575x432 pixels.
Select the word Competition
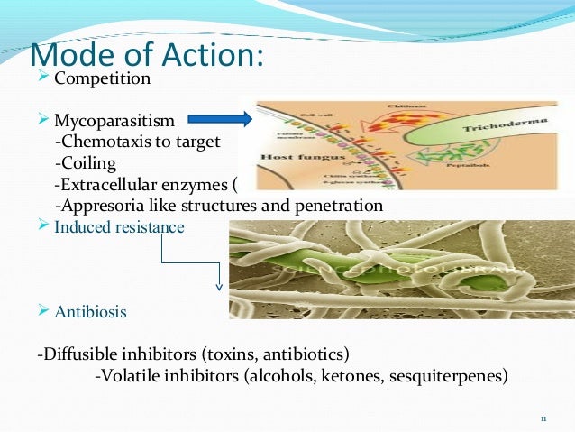pos(102,78)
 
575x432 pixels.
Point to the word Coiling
pos(90,163)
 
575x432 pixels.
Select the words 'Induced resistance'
pos(119,226)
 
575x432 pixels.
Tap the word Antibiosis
pos(90,312)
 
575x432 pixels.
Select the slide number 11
pos(543,418)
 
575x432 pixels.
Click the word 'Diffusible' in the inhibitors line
pos(81,352)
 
